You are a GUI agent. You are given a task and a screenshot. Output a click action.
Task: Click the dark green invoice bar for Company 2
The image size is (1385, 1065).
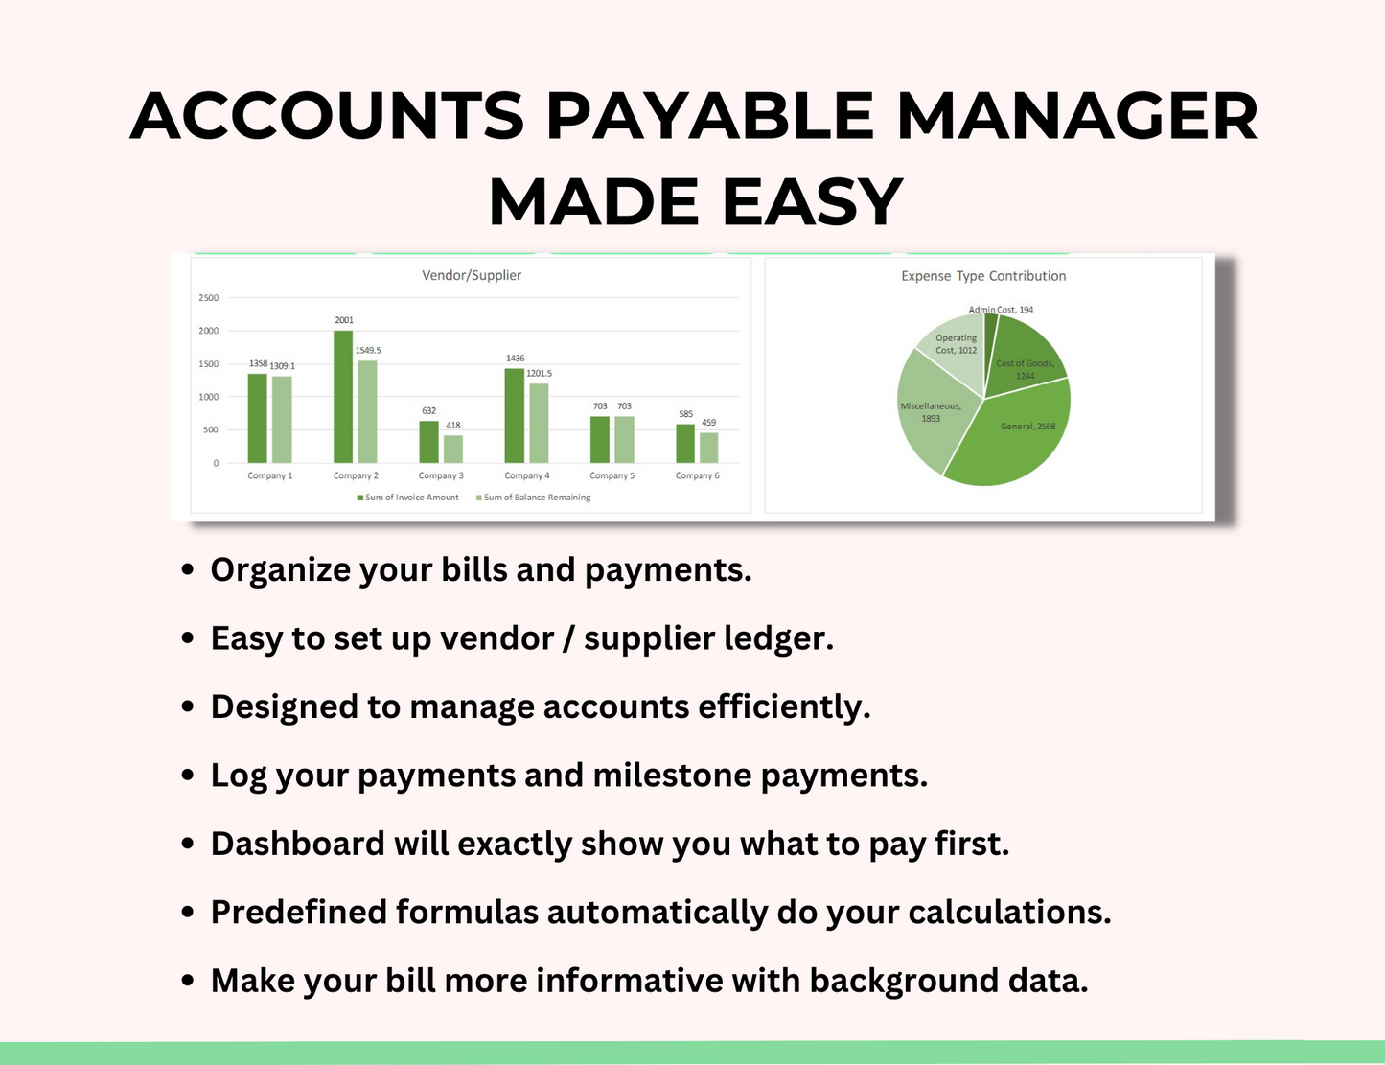342,397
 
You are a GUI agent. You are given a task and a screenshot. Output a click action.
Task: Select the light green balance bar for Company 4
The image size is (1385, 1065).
539,424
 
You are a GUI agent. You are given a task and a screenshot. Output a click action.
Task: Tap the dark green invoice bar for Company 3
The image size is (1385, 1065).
428,442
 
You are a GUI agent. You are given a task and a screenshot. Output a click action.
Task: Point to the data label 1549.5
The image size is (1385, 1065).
367,351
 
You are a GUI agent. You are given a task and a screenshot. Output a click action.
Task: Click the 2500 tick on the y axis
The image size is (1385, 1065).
208,298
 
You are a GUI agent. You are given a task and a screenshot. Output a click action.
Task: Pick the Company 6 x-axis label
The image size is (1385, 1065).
697,475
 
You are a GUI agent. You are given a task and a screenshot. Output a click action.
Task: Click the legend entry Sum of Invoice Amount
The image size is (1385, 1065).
411,498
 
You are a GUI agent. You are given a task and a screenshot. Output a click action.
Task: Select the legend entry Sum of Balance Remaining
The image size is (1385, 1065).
537,498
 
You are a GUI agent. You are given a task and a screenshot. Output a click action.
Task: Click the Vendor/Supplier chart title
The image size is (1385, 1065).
472,275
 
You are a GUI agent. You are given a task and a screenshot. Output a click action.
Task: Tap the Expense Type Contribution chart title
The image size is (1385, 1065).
983,276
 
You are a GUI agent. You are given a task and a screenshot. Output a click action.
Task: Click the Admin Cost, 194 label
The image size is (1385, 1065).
1001,310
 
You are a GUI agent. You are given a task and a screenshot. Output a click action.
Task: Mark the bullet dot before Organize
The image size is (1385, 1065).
188,570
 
